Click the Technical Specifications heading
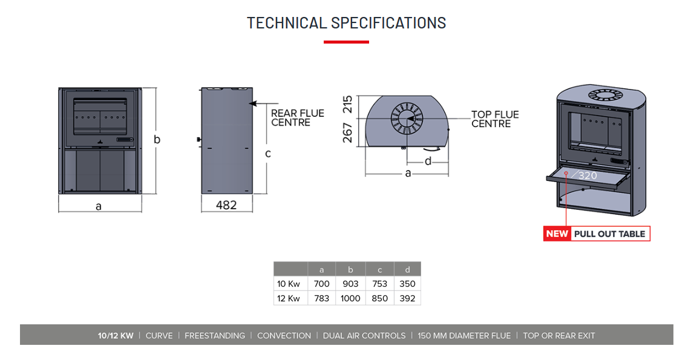346,23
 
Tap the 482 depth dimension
226,205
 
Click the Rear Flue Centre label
297,117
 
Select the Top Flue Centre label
495,119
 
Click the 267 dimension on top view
347,132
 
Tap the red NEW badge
557,234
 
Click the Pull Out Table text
609,234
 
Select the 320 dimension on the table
587,175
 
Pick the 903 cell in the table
350,283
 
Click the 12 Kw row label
289,298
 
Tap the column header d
407,269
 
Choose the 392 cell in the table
407,298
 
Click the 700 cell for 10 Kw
321,283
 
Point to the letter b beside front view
157,140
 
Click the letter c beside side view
267,154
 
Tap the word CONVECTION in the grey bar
284,335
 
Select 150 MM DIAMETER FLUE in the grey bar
464,335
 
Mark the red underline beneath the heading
346,42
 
